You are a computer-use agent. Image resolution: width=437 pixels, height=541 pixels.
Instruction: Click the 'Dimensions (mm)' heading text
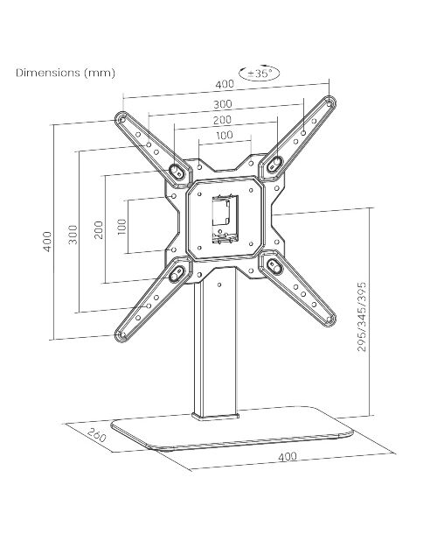click(66, 73)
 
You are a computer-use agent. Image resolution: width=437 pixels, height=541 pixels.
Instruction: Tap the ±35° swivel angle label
click(260, 74)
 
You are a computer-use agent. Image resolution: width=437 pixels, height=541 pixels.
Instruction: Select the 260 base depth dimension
click(96, 435)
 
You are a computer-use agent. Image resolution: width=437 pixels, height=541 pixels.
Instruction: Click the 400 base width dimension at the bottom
click(288, 456)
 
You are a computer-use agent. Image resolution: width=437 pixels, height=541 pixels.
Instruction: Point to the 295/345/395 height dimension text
click(362, 317)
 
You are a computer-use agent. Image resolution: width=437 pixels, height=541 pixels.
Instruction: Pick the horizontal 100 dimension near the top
click(225, 135)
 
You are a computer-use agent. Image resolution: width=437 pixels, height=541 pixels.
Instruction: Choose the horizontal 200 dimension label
click(222, 120)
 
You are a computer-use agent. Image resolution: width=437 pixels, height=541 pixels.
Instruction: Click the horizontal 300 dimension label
click(223, 104)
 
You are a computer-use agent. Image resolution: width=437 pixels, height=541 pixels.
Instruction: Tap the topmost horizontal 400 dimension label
click(225, 84)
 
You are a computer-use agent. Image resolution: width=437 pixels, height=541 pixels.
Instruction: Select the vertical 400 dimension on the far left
click(48, 242)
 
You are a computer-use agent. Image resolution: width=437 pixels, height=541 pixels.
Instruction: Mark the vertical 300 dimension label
click(73, 235)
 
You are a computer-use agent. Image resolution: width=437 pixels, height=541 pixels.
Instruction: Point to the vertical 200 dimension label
click(99, 229)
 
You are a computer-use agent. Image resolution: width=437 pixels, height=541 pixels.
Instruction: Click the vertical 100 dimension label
click(121, 227)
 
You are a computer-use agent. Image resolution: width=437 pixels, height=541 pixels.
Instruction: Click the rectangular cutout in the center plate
click(225, 219)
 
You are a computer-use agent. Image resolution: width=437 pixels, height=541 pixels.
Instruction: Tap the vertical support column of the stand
click(215, 345)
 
